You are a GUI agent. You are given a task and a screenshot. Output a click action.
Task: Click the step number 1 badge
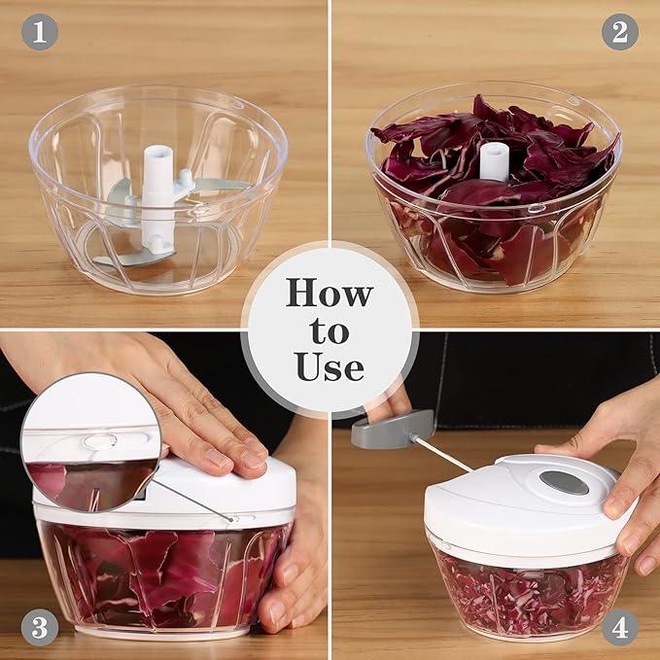point(40,32)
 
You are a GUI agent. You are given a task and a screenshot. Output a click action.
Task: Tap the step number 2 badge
point(620,32)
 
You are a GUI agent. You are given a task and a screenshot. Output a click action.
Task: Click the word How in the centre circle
point(330,293)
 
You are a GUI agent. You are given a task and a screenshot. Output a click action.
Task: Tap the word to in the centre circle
point(330,331)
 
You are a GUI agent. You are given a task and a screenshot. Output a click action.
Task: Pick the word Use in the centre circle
point(330,366)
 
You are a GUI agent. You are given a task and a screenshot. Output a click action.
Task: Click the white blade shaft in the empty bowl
point(158,198)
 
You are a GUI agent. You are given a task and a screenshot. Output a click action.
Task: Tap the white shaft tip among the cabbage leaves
point(494,162)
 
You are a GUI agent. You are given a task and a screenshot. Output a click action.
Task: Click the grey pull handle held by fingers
point(393,429)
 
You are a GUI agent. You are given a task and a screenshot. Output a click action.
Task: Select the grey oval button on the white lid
point(564,483)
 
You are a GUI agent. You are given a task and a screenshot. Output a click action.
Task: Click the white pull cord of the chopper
point(442,453)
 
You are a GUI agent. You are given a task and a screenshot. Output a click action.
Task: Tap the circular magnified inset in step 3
point(91,442)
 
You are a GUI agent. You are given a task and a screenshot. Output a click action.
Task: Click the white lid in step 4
point(526,505)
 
